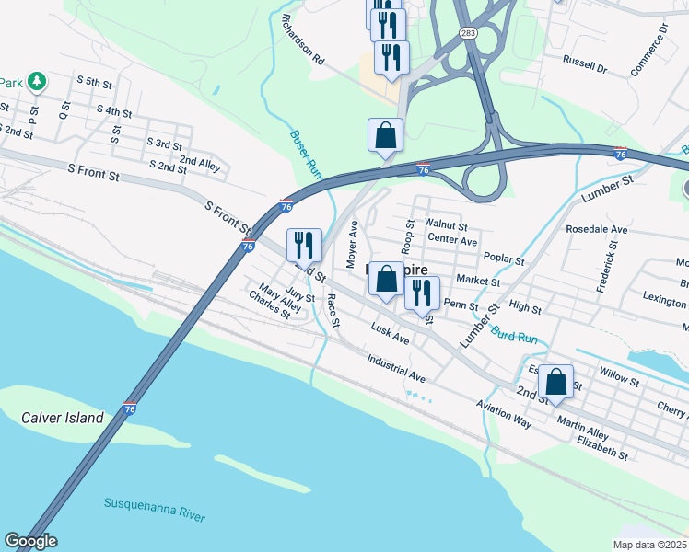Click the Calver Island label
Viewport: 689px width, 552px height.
[x=63, y=418]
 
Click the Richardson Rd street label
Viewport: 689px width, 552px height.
[x=304, y=39]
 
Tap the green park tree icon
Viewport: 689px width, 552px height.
[x=37, y=82]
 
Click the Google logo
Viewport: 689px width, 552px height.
[x=30, y=541]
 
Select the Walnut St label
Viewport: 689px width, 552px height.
[x=447, y=224]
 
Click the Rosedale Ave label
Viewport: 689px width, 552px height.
[x=596, y=229]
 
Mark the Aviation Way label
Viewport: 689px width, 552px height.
[x=504, y=413]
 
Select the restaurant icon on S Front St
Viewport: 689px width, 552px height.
[x=304, y=245]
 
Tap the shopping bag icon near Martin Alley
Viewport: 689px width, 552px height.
[x=556, y=380]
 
